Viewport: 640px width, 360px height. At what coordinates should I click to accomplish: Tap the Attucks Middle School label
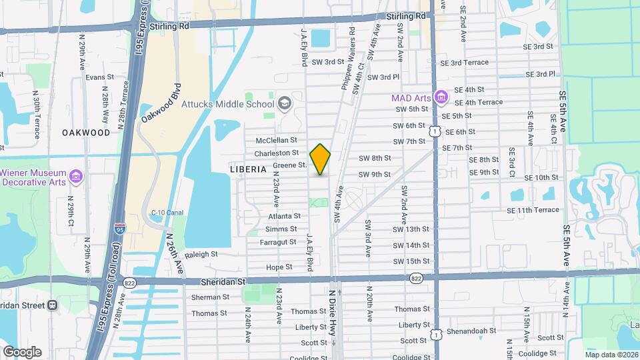(237, 103)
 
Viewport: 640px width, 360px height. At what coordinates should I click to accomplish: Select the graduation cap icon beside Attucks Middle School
(285, 103)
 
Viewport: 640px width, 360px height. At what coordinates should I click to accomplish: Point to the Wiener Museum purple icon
(75, 177)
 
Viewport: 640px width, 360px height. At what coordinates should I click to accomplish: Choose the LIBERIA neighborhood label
(248, 169)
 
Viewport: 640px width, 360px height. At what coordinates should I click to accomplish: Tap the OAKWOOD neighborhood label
(86, 132)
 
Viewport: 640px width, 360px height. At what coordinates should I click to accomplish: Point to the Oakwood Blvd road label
(161, 103)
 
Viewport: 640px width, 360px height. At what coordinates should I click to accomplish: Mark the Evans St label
(100, 77)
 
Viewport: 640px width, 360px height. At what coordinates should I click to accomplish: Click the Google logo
(22, 351)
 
